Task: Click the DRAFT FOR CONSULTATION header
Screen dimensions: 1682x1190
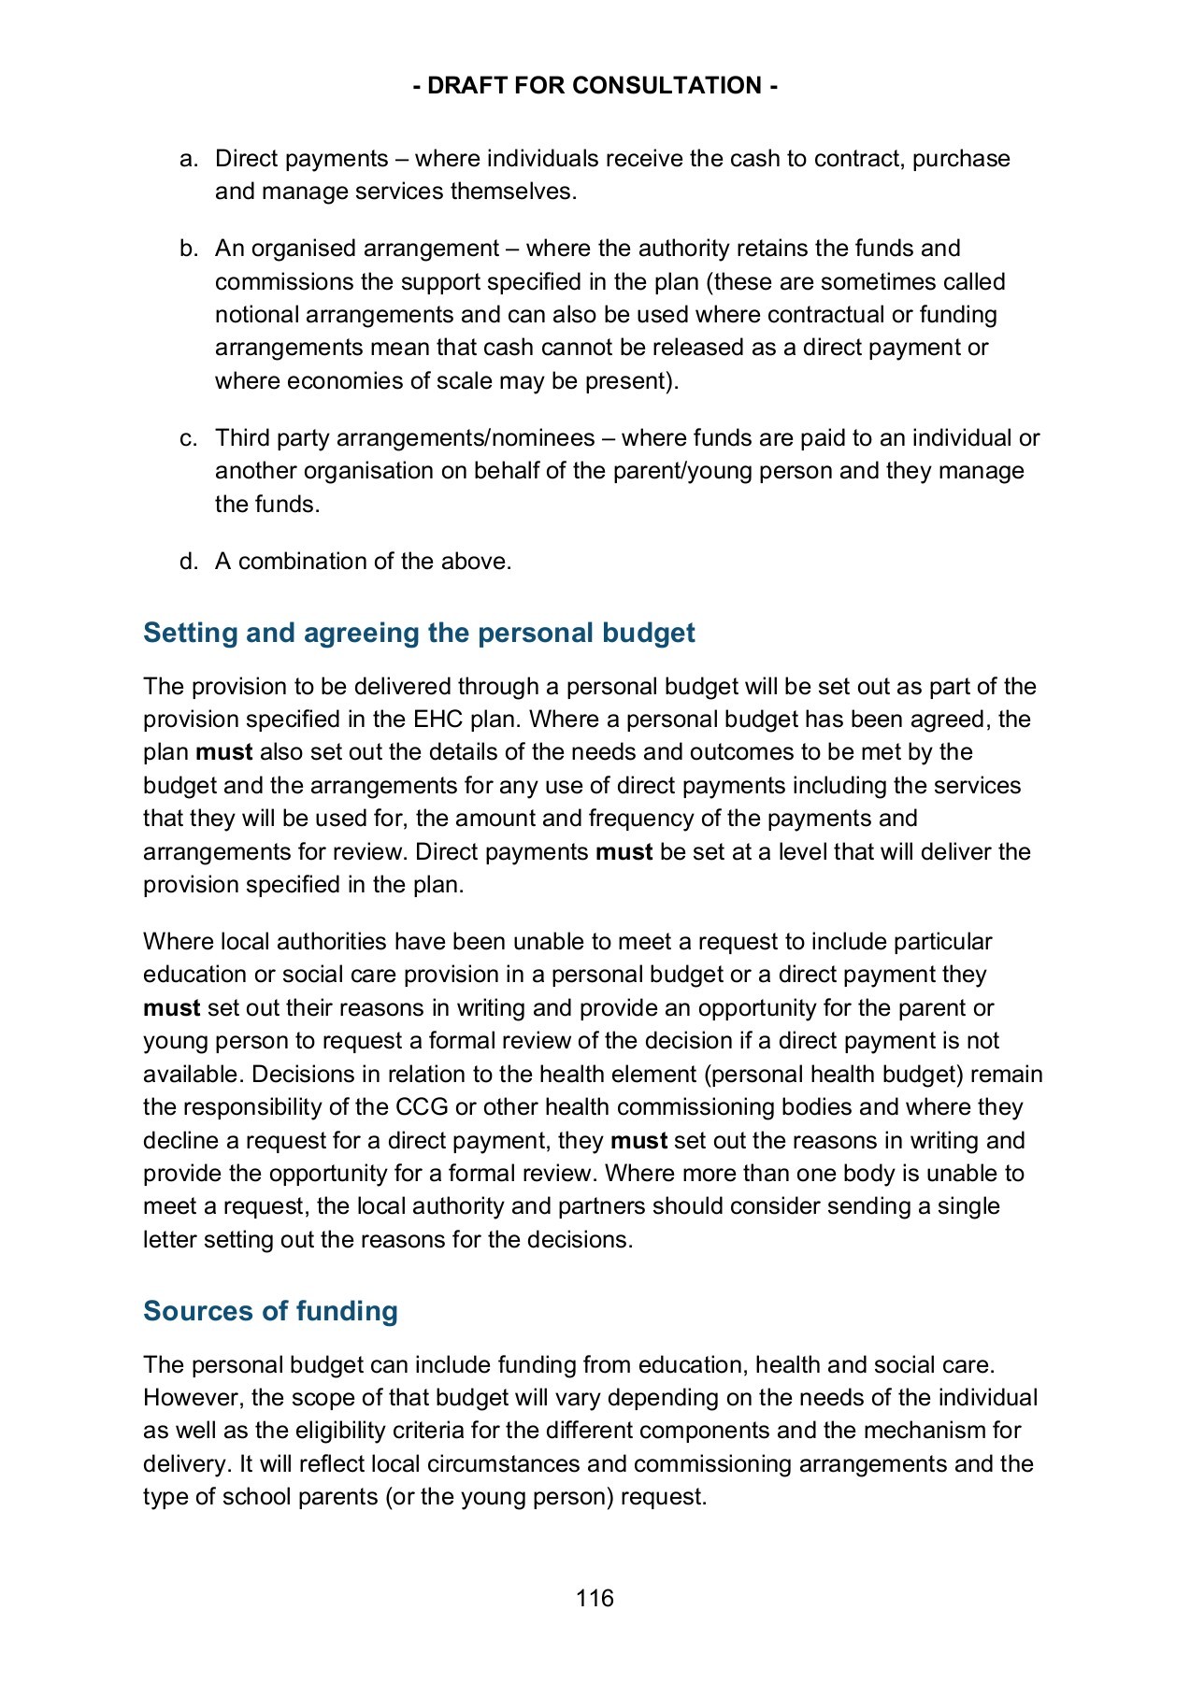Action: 595,86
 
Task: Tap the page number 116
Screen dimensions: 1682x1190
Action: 595,1598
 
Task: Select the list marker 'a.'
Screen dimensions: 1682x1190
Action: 189,159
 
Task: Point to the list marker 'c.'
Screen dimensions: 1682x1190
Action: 189,438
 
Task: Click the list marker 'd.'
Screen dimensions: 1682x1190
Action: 189,562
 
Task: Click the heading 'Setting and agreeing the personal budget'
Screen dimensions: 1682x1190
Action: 419,633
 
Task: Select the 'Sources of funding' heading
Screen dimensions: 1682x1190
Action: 270,1311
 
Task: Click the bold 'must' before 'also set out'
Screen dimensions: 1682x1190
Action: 223,752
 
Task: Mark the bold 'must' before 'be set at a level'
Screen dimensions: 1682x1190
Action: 624,852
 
